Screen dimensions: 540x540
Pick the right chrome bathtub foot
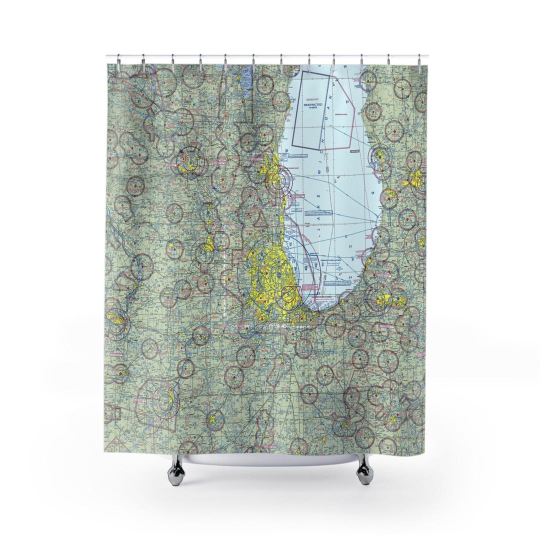364,470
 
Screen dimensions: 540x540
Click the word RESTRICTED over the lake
313,105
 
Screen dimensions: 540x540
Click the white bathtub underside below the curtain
270,459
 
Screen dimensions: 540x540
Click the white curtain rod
270,56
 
